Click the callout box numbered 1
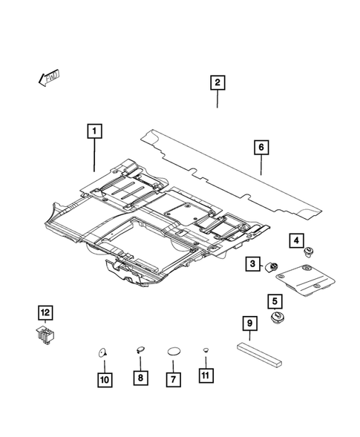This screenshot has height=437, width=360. (94, 134)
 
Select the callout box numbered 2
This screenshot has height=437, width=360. (217, 83)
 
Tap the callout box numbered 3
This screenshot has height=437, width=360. (253, 264)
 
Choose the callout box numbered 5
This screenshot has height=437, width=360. (275, 301)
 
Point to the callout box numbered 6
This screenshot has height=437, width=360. (261, 148)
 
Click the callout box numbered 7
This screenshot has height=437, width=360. (174, 378)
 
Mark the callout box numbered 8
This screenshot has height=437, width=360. (139, 378)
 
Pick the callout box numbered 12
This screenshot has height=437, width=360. (46, 311)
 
